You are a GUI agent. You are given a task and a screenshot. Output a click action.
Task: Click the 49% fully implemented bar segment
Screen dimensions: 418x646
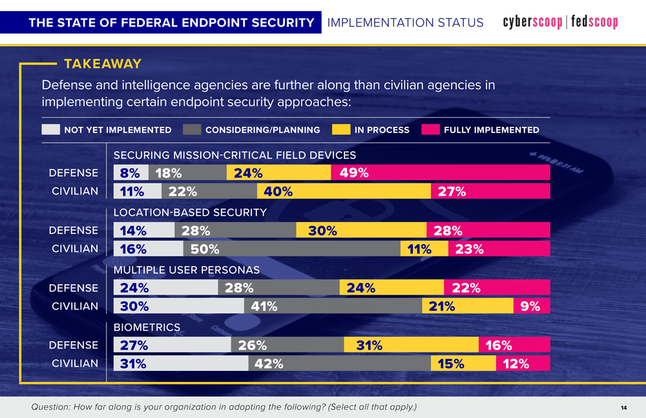click(x=440, y=172)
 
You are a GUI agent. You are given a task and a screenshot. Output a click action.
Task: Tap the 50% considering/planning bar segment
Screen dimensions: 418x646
click(x=293, y=249)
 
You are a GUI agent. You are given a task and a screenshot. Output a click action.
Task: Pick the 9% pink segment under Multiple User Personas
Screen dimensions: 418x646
click(x=531, y=306)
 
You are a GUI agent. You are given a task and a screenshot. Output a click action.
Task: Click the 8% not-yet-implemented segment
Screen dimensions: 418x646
click(x=130, y=172)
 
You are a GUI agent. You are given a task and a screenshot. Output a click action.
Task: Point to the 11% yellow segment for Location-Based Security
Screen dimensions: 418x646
click(x=424, y=249)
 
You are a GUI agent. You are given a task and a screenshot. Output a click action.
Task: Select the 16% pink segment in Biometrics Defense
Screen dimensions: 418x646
click(x=514, y=345)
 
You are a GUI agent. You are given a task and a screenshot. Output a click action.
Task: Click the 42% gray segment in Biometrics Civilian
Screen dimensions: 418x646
click(x=339, y=364)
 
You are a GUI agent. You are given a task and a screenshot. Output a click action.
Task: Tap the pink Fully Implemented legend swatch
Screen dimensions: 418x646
click(x=430, y=130)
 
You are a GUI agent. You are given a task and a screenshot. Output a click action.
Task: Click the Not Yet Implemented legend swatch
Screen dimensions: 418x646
click(x=50, y=130)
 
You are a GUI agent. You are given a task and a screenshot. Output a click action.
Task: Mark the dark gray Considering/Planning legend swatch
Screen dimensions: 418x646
click(x=192, y=130)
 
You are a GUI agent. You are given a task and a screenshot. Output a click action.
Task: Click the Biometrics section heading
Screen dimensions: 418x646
click(x=147, y=328)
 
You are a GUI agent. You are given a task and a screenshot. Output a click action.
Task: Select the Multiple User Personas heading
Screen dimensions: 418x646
click(x=186, y=269)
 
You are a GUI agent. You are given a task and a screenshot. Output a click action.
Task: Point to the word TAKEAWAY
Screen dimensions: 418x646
click(x=103, y=64)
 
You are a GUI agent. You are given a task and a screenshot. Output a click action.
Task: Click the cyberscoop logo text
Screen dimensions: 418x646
click(x=532, y=23)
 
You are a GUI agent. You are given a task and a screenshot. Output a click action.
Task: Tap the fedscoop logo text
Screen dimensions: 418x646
click(x=594, y=23)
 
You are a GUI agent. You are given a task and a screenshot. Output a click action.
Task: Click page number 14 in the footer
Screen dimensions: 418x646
click(x=623, y=407)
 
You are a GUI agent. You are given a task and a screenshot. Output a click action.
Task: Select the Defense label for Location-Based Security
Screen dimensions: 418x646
click(x=74, y=230)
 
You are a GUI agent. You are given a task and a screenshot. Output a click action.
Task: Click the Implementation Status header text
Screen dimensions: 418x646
click(x=405, y=23)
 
